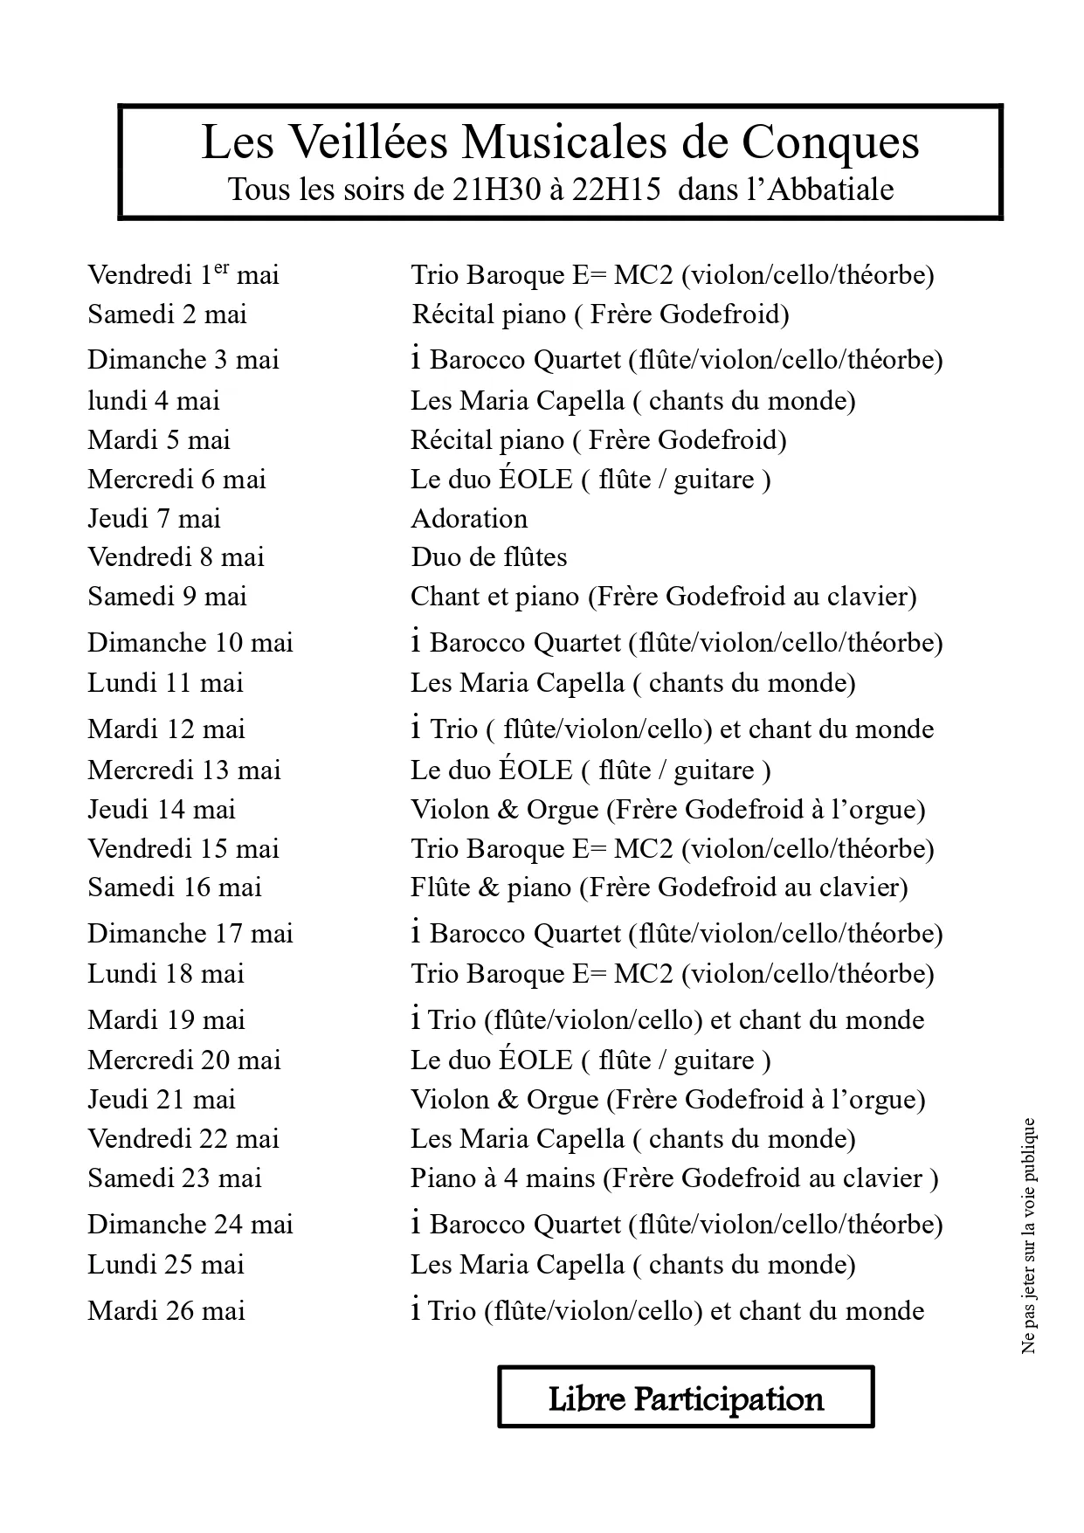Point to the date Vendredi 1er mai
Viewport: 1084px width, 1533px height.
click(183, 275)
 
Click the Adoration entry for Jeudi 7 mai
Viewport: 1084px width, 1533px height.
click(469, 519)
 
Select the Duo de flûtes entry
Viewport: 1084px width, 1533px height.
click(489, 557)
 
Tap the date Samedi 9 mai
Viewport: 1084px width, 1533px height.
click(167, 597)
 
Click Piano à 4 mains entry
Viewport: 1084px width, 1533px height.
click(674, 1178)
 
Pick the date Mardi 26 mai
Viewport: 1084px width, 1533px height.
click(166, 1311)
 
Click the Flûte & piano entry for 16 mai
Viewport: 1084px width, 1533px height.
click(659, 887)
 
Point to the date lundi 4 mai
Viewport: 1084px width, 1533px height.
click(154, 401)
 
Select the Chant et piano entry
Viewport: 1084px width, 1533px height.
click(664, 597)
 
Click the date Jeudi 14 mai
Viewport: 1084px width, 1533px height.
click(162, 810)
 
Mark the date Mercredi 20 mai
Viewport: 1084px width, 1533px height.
click(183, 1060)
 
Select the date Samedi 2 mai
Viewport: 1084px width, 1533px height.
click(167, 314)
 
